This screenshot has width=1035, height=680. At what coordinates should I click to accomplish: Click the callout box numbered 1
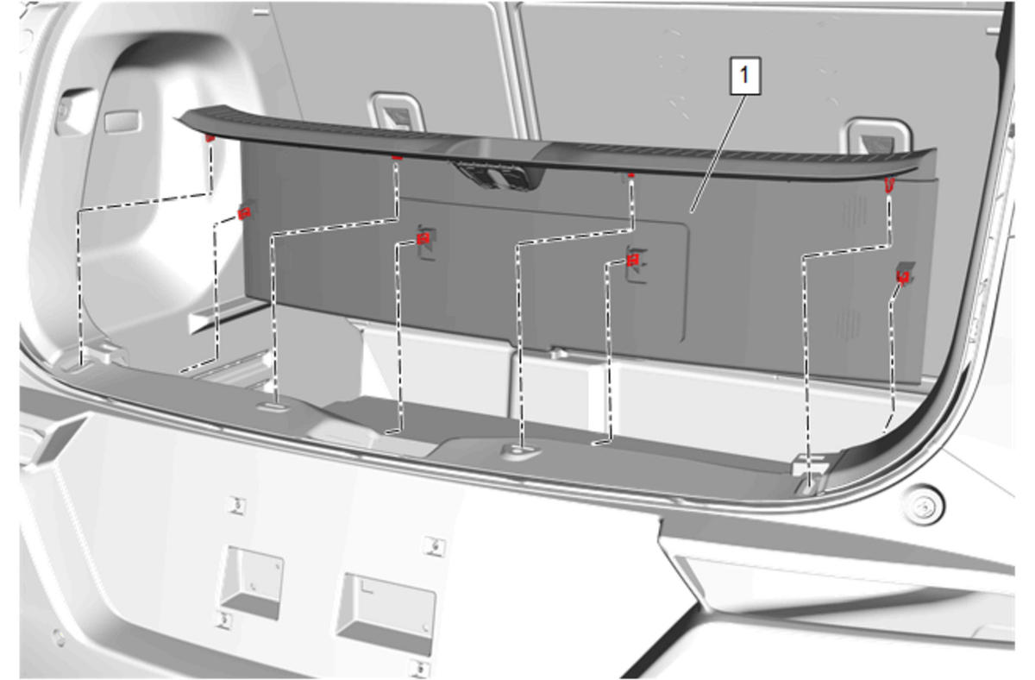[x=745, y=76]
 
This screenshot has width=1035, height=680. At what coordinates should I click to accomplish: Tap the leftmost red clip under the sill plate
[x=210, y=138]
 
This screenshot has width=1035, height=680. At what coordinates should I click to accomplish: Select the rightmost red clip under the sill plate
[x=889, y=185]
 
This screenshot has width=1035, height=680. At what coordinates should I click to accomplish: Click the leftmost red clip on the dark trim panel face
[x=244, y=213]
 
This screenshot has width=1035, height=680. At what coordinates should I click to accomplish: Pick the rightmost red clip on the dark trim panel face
[x=903, y=277]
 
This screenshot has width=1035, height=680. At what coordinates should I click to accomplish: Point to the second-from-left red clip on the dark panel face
[x=423, y=239]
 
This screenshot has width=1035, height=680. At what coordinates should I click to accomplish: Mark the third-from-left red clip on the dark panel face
[x=633, y=261]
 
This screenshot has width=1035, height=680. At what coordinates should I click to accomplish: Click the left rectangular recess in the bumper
[x=252, y=582]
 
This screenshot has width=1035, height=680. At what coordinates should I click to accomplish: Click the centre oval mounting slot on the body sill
[x=521, y=449]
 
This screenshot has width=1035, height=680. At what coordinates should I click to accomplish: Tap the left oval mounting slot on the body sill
[x=274, y=406]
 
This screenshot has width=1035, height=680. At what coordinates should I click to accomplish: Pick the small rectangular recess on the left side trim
[x=122, y=122]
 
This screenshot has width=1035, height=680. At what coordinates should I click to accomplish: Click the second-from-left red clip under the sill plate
[x=397, y=158]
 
